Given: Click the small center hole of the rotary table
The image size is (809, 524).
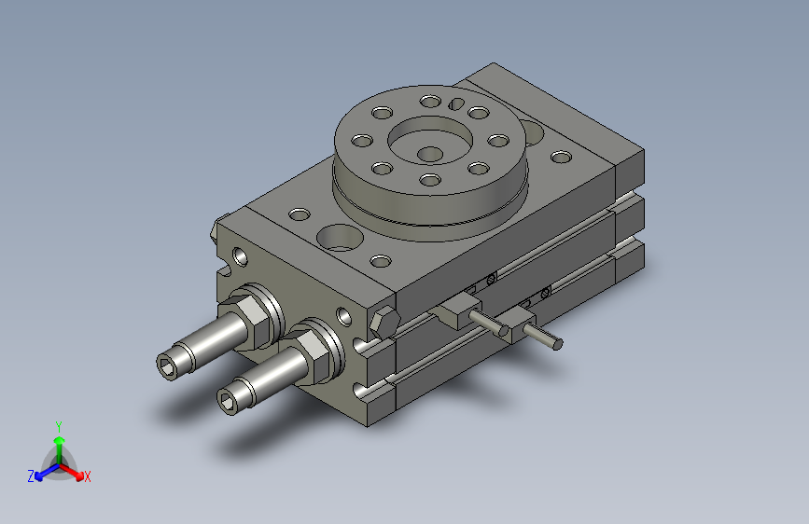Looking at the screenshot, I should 429,153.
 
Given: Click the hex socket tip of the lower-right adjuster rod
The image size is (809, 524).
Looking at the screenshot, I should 228,401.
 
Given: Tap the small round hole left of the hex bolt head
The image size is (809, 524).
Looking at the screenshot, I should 344,317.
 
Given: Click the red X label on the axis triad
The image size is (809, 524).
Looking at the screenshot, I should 88,477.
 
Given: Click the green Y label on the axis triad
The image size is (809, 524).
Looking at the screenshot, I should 58,423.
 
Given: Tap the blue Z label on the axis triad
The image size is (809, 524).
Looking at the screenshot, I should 31,476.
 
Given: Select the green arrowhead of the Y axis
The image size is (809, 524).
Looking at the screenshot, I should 59,439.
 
